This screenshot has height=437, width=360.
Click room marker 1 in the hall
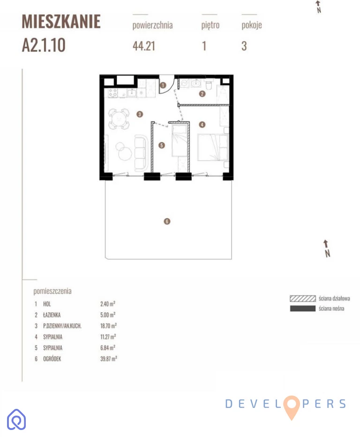(163, 85)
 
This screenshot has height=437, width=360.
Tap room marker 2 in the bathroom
(202, 94)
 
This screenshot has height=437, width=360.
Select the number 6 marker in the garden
(167, 222)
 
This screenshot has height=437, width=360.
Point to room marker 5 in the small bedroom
(162, 145)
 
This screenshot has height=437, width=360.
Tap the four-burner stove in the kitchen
(112, 93)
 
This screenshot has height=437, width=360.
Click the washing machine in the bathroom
(184, 84)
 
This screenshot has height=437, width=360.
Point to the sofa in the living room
(141, 153)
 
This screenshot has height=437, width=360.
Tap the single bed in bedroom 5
(180, 141)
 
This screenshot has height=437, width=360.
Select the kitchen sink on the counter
(131, 93)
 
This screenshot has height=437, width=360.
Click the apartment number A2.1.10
(44, 45)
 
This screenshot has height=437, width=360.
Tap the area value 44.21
(144, 46)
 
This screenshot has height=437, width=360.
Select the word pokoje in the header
(252, 25)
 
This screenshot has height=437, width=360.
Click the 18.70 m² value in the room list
(108, 326)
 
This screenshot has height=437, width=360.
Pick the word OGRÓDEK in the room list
(52, 359)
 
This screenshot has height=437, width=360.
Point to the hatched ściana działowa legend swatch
(303, 298)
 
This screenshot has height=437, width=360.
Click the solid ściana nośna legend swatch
(303, 309)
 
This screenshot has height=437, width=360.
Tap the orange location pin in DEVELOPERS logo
(292, 406)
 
